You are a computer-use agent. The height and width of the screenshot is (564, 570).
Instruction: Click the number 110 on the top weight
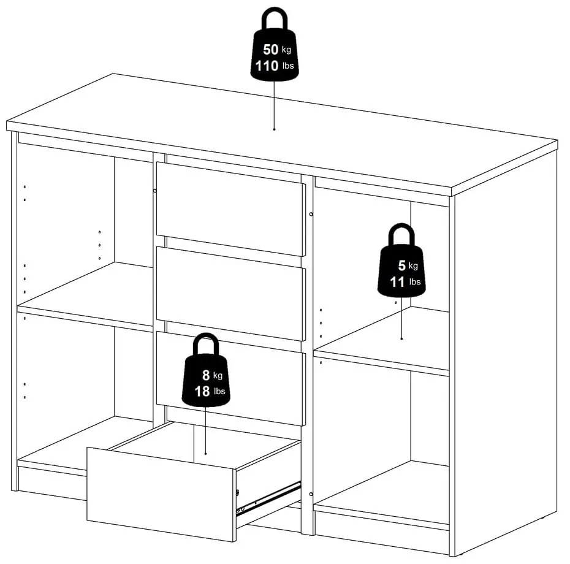(x=267, y=66)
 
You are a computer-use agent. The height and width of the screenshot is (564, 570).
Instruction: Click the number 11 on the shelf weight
(x=397, y=282)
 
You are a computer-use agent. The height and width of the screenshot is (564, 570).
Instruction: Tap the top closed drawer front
(x=230, y=208)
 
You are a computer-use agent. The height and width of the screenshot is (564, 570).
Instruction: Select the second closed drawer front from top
(x=230, y=293)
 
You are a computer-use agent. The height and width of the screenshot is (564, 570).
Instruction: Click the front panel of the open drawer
(x=161, y=493)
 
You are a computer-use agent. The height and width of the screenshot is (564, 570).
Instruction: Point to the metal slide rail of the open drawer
(x=270, y=498)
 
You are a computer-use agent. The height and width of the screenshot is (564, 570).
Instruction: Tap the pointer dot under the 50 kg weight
(x=274, y=129)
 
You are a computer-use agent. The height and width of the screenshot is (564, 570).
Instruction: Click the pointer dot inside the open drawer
(x=205, y=454)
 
